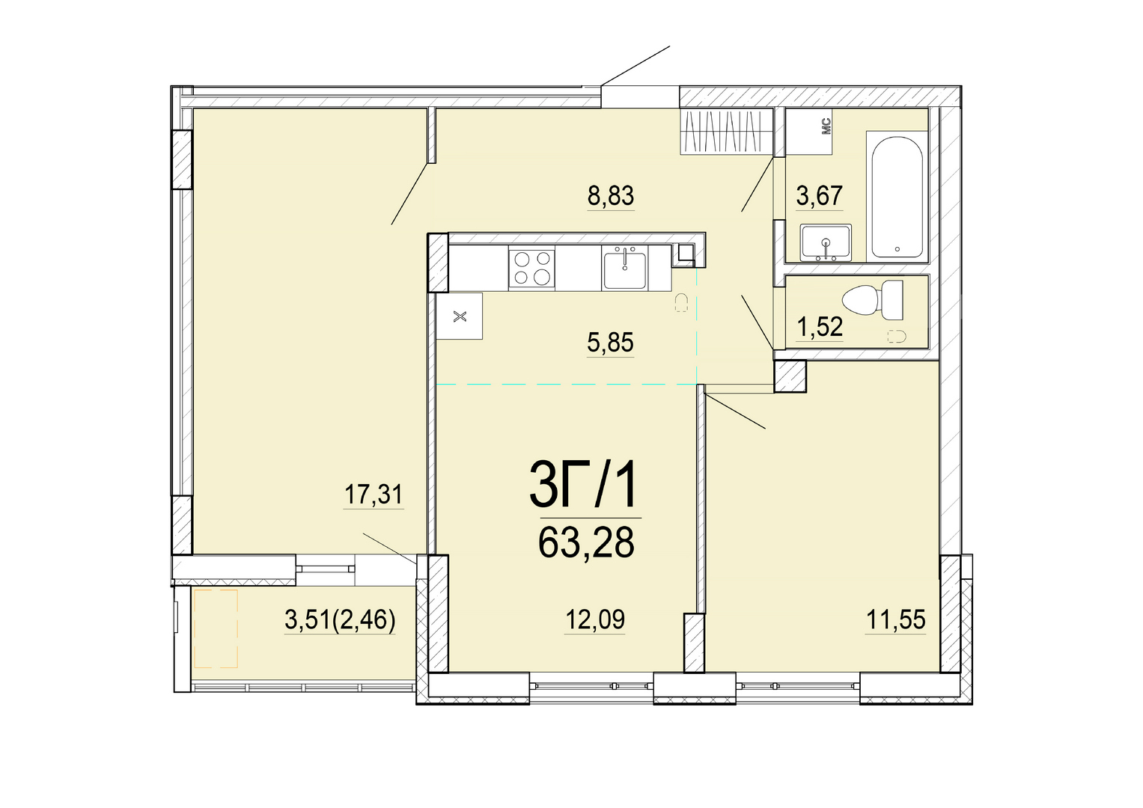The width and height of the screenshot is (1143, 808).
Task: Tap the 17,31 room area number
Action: point(374,495)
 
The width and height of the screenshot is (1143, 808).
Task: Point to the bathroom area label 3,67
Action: point(820,196)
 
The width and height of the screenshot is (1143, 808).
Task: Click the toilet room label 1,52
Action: point(820,326)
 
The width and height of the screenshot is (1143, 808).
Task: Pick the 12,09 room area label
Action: point(595,619)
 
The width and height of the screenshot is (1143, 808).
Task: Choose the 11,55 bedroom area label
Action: point(895,620)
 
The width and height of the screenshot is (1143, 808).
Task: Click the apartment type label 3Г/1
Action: point(582,488)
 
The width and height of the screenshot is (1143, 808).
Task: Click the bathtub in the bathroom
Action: point(897,197)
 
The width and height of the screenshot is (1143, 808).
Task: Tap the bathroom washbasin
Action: point(826,243)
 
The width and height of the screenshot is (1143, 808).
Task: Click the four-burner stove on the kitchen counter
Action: point(531,268)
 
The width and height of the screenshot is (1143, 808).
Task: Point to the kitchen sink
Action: point(624,268)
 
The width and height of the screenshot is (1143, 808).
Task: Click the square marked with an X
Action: point(460,316)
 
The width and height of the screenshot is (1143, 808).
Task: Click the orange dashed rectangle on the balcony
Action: point(216,628)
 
